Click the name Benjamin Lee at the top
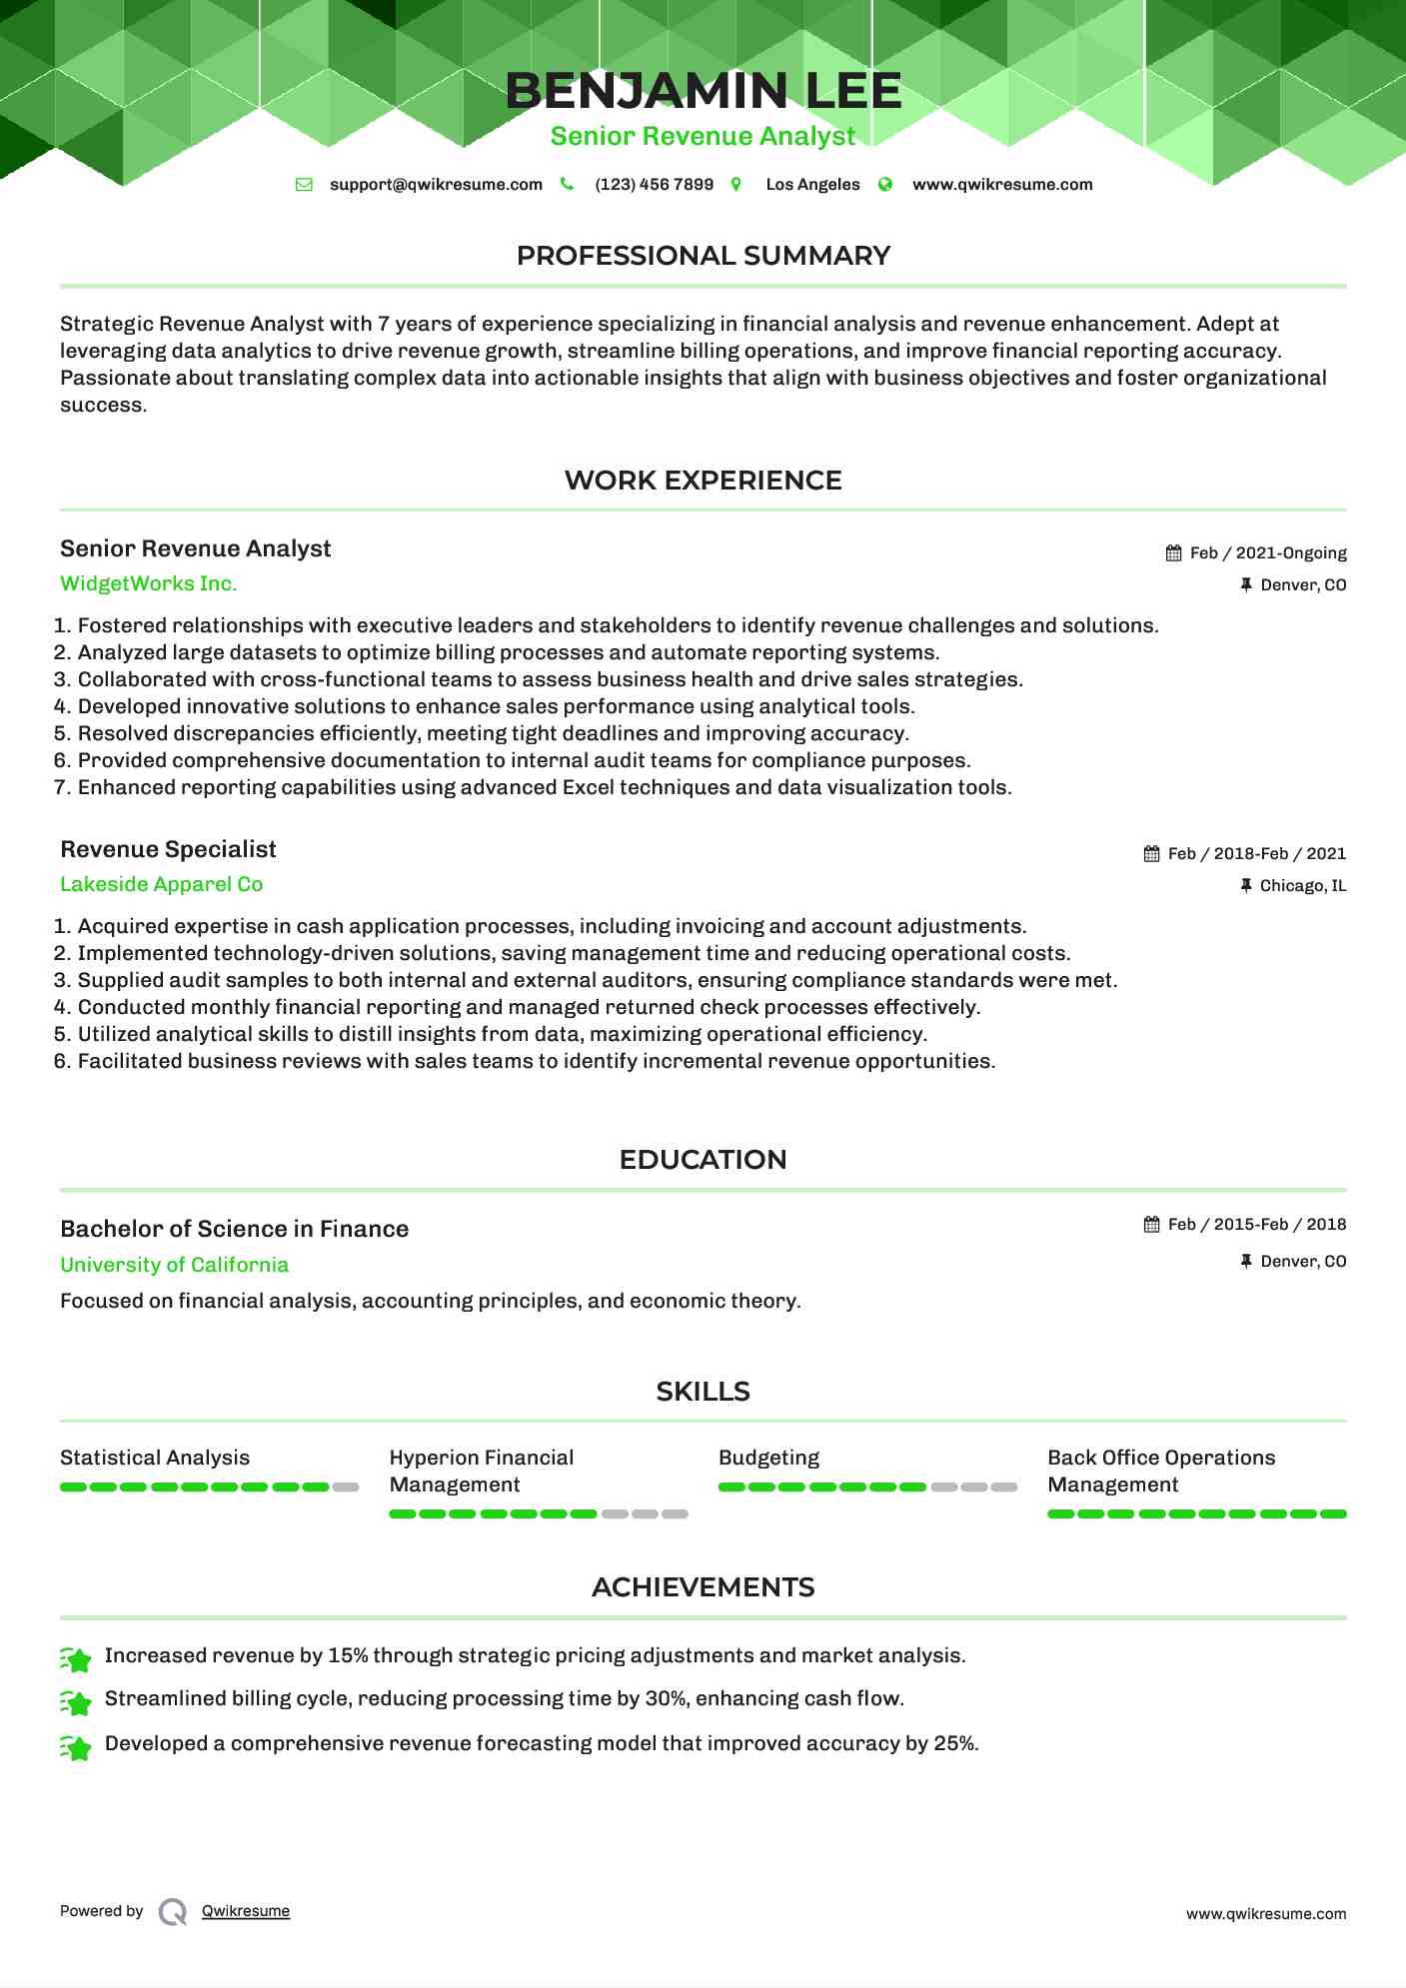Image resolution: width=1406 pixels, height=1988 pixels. (703, 91)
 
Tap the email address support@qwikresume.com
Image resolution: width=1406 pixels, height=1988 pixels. (436, 185)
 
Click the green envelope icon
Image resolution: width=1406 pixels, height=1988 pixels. (304, 185)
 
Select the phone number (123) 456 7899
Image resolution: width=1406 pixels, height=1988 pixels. (654, 185)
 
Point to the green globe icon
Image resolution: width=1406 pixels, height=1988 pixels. (884, 185)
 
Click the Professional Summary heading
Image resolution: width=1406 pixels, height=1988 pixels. (703, 256)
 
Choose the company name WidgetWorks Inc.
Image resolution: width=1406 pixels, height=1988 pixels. (148, 584)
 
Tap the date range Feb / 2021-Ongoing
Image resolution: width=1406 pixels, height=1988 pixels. (1267, 553)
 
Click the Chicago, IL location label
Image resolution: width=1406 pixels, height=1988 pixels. (1302, 886)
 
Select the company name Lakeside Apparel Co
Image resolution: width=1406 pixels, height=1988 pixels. (161, 885)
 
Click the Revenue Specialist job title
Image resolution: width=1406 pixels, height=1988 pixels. (168, 850)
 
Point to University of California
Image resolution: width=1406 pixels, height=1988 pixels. (174, 1266)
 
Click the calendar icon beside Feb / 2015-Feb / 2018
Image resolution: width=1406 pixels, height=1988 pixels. (1151, 1225)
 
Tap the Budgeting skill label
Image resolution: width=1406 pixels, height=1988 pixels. (768, 1459)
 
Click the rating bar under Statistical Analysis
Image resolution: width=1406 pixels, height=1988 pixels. (209, 1488)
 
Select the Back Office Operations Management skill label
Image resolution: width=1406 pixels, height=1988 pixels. (1161, 1472)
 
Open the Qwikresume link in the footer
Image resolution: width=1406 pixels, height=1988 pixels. (245, 1911)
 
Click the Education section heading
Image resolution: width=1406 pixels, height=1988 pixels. (703, 1160)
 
